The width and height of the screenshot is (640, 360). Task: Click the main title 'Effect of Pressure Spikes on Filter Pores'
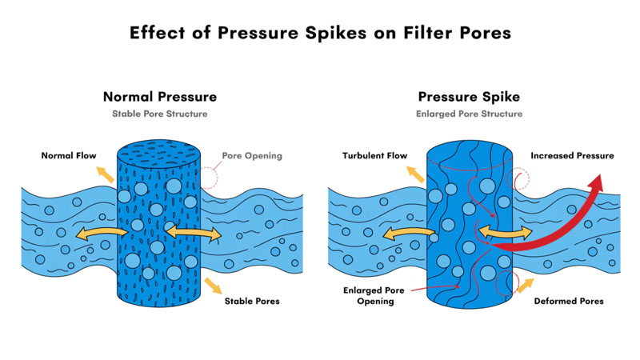click(x=320, y=34)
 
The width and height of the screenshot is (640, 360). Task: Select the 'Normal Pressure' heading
click(x=160, y=97)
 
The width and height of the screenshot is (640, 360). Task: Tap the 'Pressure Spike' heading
click(x=469, y=97)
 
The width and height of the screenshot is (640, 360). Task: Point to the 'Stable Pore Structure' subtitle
click(x=160, y=114)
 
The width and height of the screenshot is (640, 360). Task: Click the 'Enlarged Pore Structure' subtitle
click(x=469, y=114)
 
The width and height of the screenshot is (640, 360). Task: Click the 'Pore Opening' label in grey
click(x=252, y=155)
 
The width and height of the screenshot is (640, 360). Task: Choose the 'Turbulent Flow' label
click(x=375, y=155)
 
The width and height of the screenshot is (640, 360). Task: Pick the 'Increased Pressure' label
click(x=573, y=155)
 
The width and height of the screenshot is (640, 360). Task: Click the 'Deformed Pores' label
click(x=569, y=302)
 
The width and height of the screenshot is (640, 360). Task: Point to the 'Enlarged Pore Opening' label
click(x=370, y=296)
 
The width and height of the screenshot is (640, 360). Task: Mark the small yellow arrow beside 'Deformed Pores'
click(x=524, y=284)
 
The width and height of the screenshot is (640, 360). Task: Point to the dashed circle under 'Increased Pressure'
click(x=519, y=178)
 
